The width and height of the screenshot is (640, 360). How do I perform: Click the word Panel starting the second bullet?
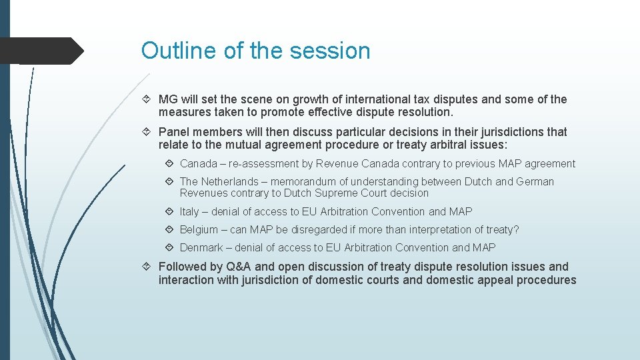(173, 131)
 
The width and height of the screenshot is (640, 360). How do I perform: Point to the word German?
(535, 181)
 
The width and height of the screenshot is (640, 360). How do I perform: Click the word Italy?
(189, 211)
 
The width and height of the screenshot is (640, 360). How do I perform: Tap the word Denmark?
(201, 247)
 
